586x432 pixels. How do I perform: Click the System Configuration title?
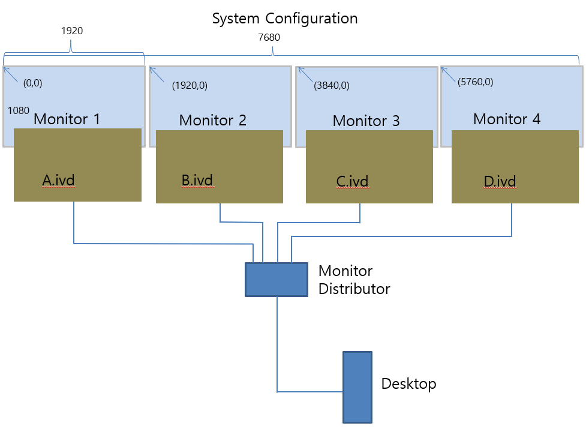(x=285, y=19)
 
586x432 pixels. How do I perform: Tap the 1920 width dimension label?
(x=72, y=31)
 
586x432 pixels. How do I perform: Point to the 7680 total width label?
(x=269, y=37)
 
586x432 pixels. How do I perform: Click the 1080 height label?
(x=19, y=110)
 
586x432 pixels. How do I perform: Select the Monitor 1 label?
(x=67, y=119)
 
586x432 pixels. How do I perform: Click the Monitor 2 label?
(x=213, y=121)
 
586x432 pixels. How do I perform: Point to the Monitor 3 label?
(x=366, y=121)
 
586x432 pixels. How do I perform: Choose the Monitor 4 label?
(x=507, y=119)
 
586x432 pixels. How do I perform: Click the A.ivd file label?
(x=58, y=181)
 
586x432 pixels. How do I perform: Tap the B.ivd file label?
(x=197, y=181)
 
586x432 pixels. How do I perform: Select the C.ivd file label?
(x=353, y=182)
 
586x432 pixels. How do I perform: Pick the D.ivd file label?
(x=500, y=182)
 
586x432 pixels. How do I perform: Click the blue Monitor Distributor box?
(x=277, y=280)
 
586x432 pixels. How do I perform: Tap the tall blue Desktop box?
(x=357, y=387)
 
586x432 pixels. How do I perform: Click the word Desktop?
(x=408, y=384)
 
